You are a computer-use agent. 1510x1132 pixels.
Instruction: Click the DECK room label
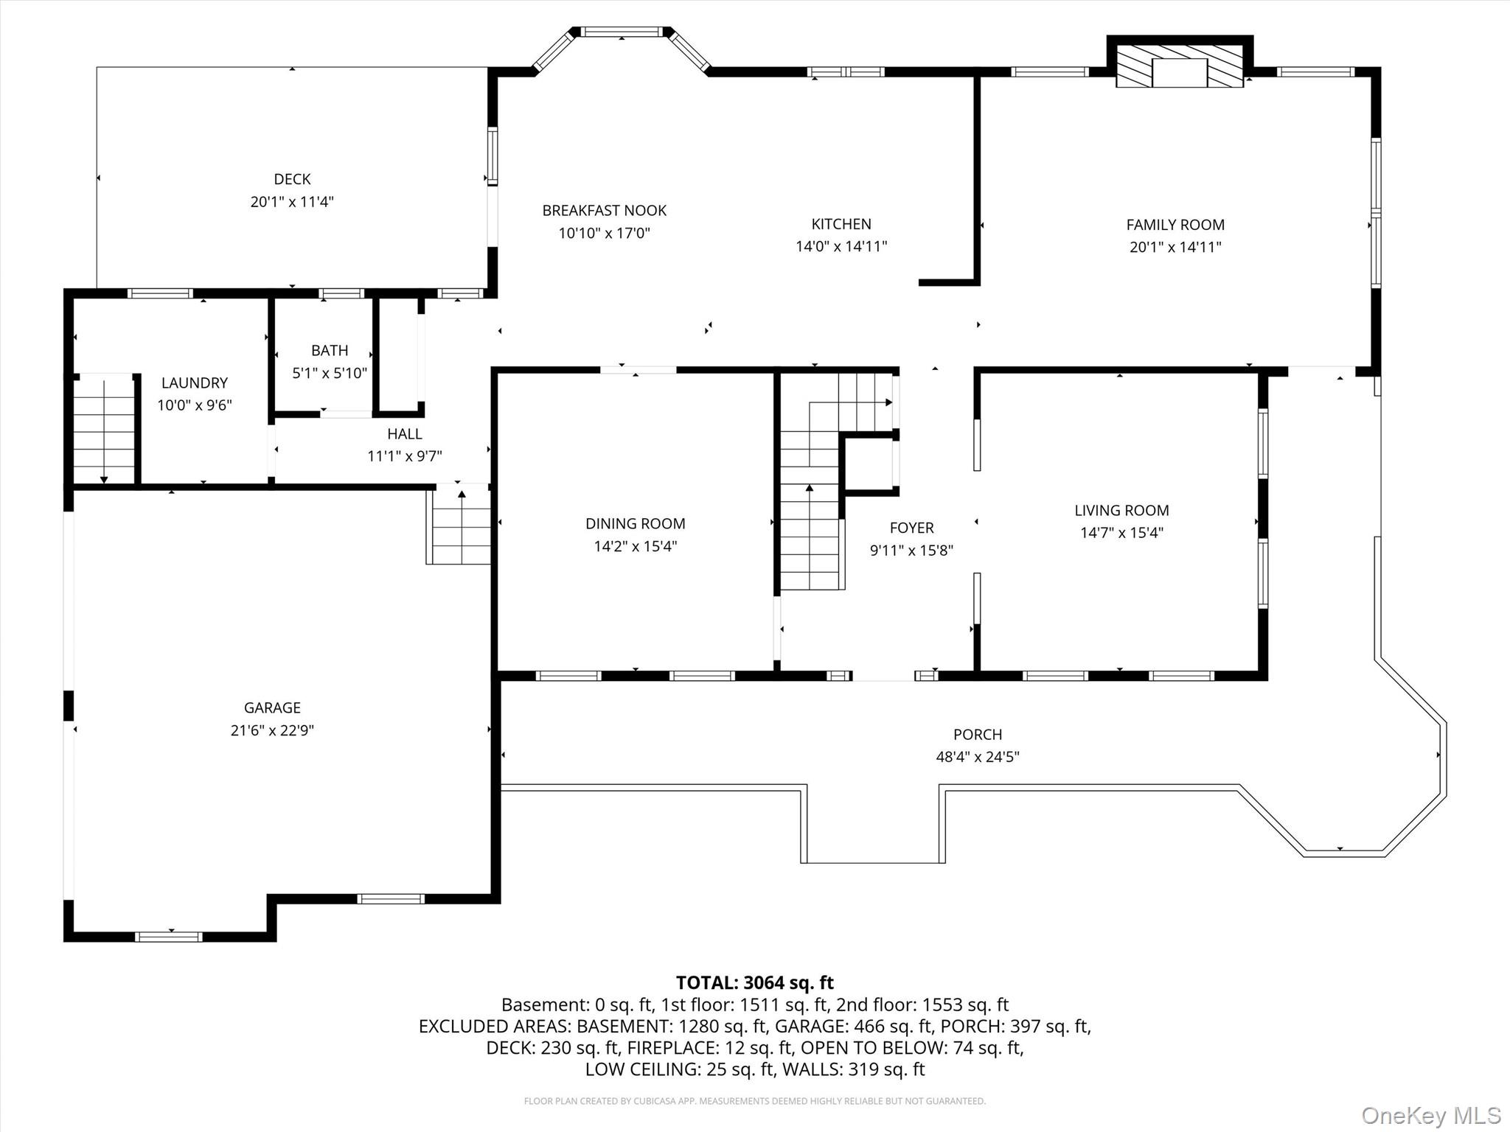tap(292, 179)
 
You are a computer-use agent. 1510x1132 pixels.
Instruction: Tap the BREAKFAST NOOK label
tap(605, 211)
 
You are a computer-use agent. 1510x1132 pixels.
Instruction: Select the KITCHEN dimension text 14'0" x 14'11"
tap(841, 246)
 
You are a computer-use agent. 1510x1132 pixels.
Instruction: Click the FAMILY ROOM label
tap(1175, 225)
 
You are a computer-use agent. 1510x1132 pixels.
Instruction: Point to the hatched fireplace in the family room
tap(1179, 66)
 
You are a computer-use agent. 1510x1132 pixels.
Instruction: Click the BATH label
tap(330, 351)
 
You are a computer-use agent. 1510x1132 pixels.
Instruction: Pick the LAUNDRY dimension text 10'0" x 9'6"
tap(195, 405)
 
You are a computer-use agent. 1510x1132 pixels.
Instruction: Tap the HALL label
tap(405, 434)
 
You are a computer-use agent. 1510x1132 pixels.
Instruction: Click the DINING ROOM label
tap(636, 524)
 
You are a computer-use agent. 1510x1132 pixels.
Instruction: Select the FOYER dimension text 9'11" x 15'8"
tap(912, 550)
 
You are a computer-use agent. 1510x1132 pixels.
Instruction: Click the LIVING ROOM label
tap(1121, 510)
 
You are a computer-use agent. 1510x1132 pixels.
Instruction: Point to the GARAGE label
tap(272, 707)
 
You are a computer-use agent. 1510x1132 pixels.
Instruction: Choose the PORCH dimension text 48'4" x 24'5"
tap(978, 757)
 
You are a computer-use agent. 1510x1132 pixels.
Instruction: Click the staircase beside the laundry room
tap(104, 429)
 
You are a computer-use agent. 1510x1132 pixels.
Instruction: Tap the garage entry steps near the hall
tap(459, 525)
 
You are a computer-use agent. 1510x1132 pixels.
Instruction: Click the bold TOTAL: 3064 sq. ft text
tap(755, 982)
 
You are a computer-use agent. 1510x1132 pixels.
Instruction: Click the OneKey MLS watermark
tap(1430, 1115)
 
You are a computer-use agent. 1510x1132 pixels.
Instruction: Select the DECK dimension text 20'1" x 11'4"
tap(292, 201)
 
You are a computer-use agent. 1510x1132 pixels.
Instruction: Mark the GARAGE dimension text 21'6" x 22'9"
tap(272, 730)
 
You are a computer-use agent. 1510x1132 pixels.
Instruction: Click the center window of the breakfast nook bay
tap(621, 32)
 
